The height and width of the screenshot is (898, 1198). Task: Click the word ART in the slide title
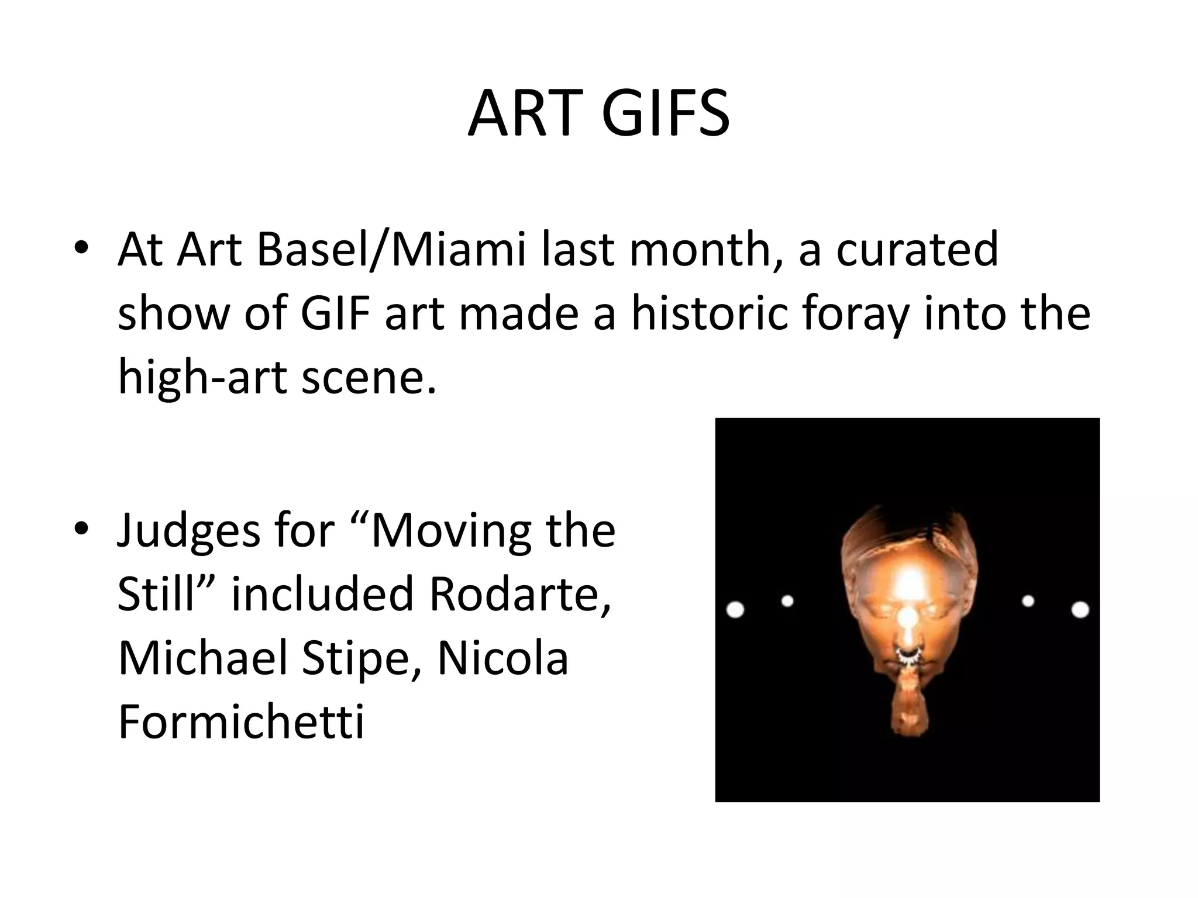[x=526, y=114]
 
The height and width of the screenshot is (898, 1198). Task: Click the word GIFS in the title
[x=666, y=114]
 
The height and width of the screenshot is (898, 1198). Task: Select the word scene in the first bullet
[x=368, y=378]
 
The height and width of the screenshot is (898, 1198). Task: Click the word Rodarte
[x=520, y=593]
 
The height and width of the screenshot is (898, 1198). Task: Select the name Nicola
[x=503, y=658]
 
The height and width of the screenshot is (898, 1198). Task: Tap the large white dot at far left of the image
[x=735, y=610]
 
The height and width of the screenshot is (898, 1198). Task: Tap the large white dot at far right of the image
[x=1080, y=610]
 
